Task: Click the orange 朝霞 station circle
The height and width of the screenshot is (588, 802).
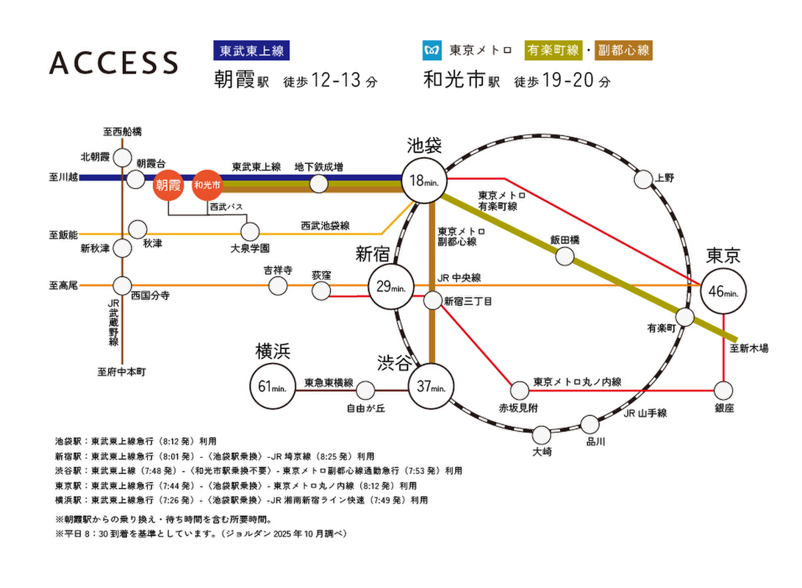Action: [x=169, y=185]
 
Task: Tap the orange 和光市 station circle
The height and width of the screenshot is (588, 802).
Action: [x=208, y=185]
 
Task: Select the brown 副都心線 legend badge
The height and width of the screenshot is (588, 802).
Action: [x=624, y=51]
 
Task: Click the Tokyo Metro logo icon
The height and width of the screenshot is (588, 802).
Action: [x=431, y=51]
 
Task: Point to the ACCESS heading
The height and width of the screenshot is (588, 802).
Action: [x=114, y=63]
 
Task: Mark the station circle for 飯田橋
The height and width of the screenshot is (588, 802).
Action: [x=565, y=256]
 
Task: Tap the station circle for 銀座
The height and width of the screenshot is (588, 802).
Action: [x=723, y=390]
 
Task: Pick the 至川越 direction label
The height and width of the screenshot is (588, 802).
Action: [x=62, y=177]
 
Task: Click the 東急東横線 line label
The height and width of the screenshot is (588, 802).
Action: [x=329, y=382]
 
